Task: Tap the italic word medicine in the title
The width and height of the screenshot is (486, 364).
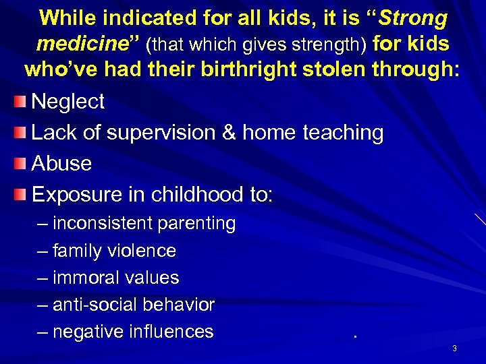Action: click(x=80, y=44)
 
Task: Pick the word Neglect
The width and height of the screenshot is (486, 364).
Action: click(x=68, y=102)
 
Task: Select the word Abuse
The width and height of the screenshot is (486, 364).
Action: click(x=61, y=164)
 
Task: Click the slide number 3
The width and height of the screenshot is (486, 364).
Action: click(x=454, y=348)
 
